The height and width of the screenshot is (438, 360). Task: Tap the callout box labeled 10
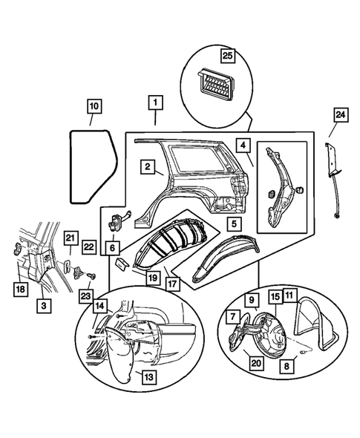click(94, 107)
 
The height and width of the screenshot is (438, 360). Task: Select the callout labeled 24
click(340, 114)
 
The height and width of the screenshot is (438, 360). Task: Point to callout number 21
click(69, 238)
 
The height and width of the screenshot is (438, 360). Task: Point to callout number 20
click(255, 363)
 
